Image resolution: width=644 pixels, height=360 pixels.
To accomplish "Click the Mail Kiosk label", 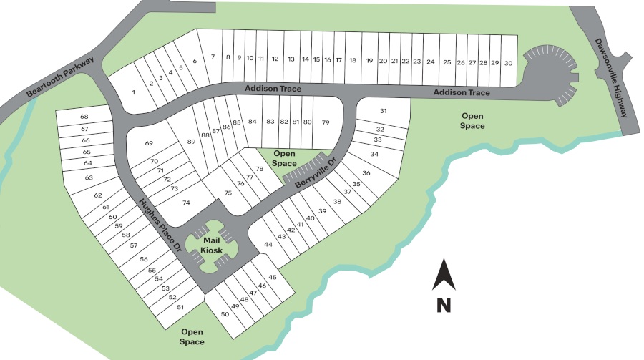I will (x=211, y=245).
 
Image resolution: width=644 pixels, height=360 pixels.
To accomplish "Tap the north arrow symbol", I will (x=444, y=276).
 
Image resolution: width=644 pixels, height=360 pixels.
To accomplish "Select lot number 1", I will (x=134, y=92).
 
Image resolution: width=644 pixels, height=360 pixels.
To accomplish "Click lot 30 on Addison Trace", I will (x=508, y=63).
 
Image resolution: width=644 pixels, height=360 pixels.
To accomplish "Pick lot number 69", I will (x=149, y=144).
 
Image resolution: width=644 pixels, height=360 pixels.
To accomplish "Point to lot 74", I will (x=186, y=203).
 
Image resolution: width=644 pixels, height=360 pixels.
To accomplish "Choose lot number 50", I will (x=225, y=314).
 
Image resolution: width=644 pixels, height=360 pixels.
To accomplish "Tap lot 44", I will (x=268, y=245).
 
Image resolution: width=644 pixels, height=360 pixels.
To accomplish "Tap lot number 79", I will (x=326, y=122).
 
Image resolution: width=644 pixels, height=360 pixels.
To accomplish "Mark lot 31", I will (x=383, y=111).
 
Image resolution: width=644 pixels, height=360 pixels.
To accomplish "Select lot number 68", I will (x=84, y=117).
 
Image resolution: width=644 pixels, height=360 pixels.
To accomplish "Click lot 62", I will (x=98, y=195).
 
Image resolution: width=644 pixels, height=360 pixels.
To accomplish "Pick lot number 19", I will (x=369, y=62).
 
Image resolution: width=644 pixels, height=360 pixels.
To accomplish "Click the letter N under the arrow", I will (x=444, y=305).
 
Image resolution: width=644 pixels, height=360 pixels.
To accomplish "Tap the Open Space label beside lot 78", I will (x=284, y=159).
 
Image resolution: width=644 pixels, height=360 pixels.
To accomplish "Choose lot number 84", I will (x=252, y=122).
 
